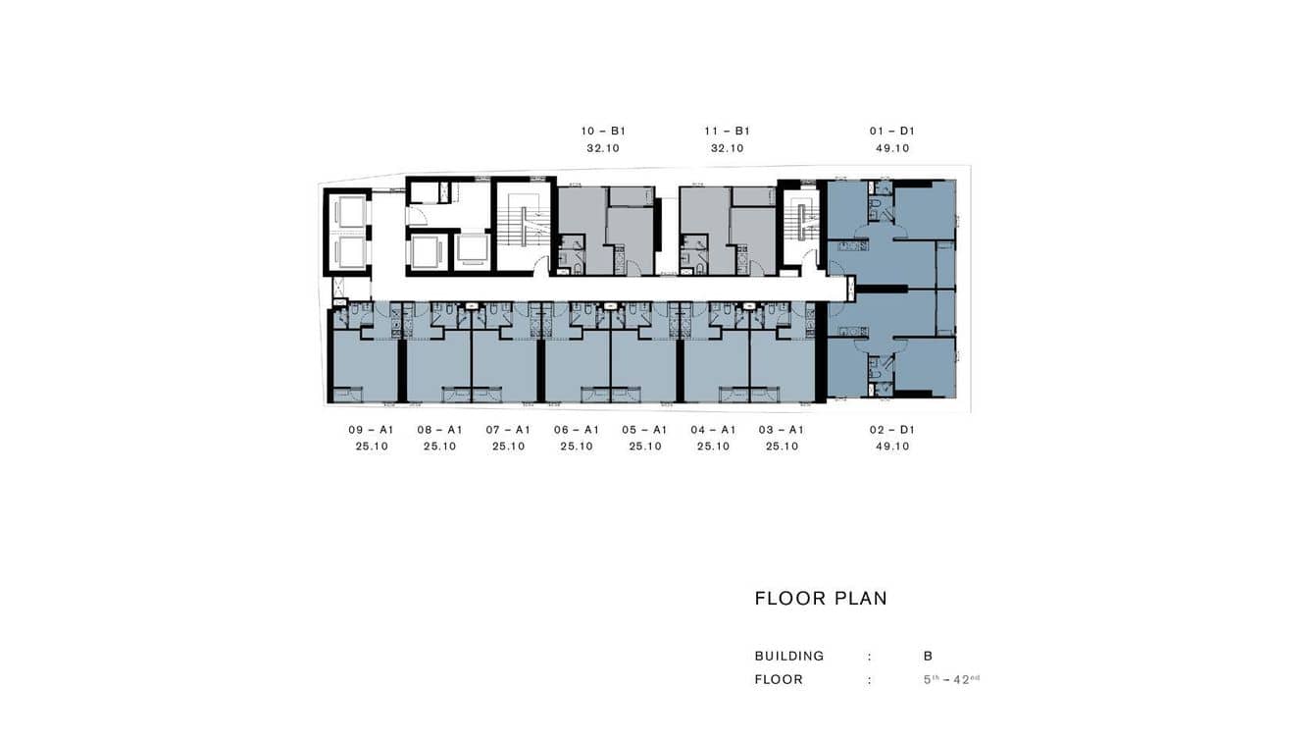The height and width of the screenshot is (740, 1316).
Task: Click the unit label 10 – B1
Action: pos(603,131)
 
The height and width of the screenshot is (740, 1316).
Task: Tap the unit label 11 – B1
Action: pos(727,131)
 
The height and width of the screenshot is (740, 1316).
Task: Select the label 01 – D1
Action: pos(892,131)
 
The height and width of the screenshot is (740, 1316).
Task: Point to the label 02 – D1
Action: pos(892,429)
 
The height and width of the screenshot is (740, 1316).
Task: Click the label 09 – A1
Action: pos(372,429)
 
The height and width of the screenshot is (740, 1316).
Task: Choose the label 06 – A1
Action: pos(577,429)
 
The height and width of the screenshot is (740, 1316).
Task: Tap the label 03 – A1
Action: pos(782,429)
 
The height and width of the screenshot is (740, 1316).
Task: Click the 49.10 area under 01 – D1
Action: pos(892,149)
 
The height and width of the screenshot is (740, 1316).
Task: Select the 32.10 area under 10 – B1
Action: pos(603,149)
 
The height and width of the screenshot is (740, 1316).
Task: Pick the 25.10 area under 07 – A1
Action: pos(508,447)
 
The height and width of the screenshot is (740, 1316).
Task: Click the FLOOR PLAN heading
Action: pos(821,599)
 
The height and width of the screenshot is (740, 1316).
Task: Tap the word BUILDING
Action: pos(789,656)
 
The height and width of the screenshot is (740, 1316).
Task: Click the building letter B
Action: pos(928,656)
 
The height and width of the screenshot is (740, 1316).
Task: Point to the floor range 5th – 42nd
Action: pos(951,679)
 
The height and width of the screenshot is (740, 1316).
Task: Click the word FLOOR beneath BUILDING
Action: pos(779,679)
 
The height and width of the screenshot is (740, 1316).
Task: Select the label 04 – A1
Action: pos(713,429)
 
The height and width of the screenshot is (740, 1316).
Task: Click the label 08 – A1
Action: pos(439,429)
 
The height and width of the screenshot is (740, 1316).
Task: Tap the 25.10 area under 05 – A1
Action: pos(645,447)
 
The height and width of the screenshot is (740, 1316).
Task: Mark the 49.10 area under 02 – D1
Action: pos(892,447)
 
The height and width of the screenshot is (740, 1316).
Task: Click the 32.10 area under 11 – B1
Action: pos(727,149)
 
